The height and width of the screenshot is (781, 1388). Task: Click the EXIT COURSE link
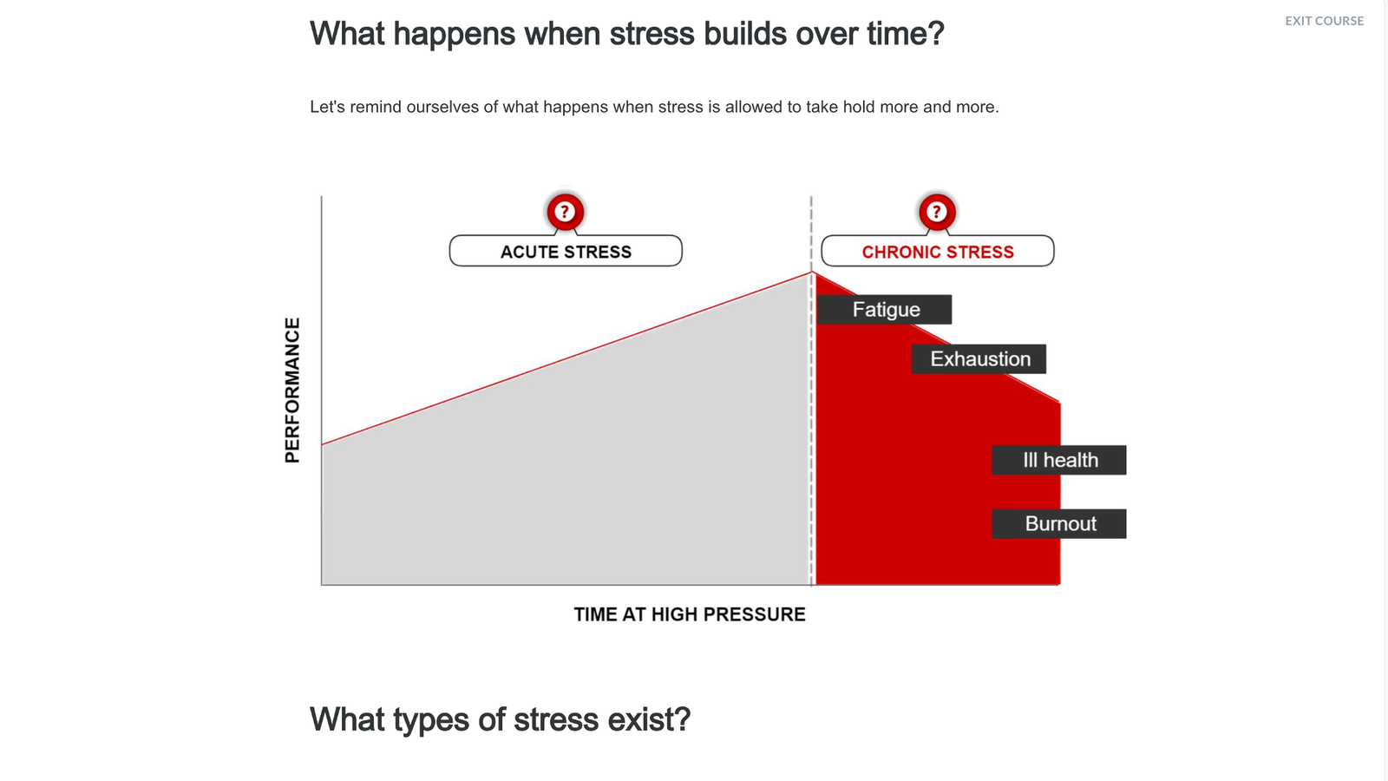(x=1324, y=21)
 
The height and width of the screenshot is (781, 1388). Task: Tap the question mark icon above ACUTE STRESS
(x=565, y=212)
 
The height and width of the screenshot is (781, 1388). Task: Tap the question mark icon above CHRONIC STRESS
(x=937, y=212)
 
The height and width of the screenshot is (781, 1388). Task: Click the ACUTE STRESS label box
(x=566, y=251)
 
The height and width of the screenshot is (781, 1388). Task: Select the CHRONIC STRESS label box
(x=938, y=251)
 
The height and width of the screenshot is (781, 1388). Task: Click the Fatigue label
(x=885, y=309)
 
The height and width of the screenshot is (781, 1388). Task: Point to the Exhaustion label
(x=979, y=359)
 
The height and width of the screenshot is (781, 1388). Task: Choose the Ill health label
(x=1059, y=460)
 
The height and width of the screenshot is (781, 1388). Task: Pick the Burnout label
(x=1059, y=524)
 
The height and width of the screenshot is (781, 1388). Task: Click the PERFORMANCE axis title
(x=291, y=390)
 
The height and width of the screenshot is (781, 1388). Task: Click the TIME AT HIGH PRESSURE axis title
(x=689, y=614)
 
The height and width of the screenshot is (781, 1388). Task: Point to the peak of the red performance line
(x=812, y=272)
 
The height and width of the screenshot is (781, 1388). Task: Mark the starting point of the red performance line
(x=322, y=444)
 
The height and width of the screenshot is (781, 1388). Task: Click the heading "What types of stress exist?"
(x=500, y=719)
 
